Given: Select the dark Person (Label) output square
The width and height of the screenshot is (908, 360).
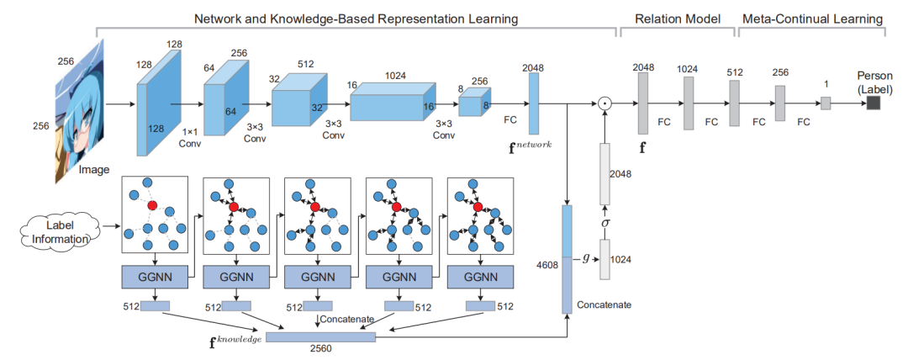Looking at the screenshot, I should [874, 103].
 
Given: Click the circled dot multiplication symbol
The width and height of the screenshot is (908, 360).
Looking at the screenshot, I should [603, 104].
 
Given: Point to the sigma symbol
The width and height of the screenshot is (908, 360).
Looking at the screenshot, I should [603, 223].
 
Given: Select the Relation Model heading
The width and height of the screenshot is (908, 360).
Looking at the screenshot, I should [678, 18].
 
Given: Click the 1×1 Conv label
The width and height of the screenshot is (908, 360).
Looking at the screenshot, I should [190, 137].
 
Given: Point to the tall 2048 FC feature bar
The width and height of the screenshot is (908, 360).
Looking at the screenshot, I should [533, 103].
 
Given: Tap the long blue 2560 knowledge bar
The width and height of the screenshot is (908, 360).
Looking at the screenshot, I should [320, 336].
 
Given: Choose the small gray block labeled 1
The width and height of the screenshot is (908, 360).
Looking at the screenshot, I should [826, 103].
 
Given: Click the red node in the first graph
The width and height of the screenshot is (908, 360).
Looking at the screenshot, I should [152, 204].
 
